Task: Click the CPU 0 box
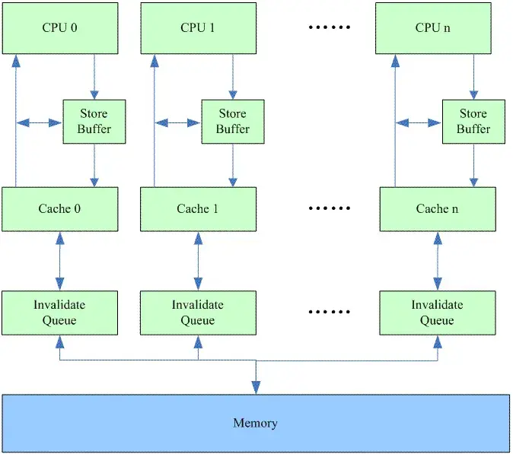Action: click(60, 29)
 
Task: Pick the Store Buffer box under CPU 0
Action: click(94, 122)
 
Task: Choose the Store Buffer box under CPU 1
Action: click(232, 122)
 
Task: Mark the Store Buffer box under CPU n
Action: click(473, 122)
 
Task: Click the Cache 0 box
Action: click(60, 209)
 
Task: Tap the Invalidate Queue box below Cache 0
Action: click(60, 313)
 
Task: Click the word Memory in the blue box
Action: click(256, 423)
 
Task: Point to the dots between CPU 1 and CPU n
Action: click(329, 28)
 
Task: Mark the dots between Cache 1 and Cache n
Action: click(329, 208)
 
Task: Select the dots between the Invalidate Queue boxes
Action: click(329, 312)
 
